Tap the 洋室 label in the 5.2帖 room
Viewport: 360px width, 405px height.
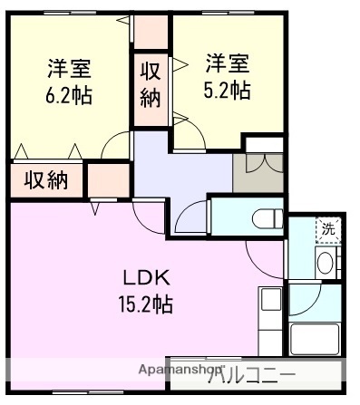coord(227,63)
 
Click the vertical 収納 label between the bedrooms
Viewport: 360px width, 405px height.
coord(151,83)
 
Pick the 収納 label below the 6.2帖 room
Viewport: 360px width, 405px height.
coord(46,179)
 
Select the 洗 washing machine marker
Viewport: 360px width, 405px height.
coord(327,229)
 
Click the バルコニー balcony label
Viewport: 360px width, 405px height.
coord(256,373)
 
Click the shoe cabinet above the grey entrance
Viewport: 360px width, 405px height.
coord(264,145)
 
